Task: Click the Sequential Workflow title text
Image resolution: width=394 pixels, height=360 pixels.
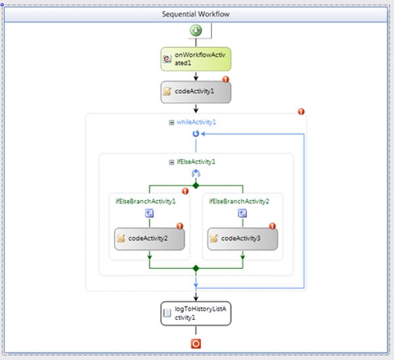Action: pyautogui.click(x=196, y=14)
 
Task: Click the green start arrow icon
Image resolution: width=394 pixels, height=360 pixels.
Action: pyautogui.click(x=196, y=31)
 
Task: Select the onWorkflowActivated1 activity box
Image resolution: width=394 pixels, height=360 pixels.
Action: pyautogui.click(x=195, y=58)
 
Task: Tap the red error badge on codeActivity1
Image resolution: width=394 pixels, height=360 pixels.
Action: pyautogui.click(x=225, y=80)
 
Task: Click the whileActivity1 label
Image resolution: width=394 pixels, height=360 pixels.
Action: pyautogui.click(x=196, y=122)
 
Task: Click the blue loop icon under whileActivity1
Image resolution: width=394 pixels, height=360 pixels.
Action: pyautogui.click(x=196, y=133)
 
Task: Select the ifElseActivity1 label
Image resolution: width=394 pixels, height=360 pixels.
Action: pyautogui.click(x=196, y=161)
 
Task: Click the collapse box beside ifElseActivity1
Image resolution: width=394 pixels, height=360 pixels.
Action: pyautogui.click(x=172, y=161)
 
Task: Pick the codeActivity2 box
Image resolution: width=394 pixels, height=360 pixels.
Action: pyautogui.click(x=150, y=238)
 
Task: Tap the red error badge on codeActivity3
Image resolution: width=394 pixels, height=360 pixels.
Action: pyautogui.click(x=273, y=226)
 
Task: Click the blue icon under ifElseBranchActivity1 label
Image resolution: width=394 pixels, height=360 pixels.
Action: pyautogui.click(x=150, y=213)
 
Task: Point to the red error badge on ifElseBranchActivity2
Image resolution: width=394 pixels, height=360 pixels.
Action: pyautogui.click(x=278, y=191)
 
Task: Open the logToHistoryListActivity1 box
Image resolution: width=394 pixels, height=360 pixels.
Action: pyautogui.click(x=195, y=313)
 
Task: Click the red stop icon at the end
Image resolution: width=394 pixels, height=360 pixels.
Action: pyautogui.click(x=196, y=344)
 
